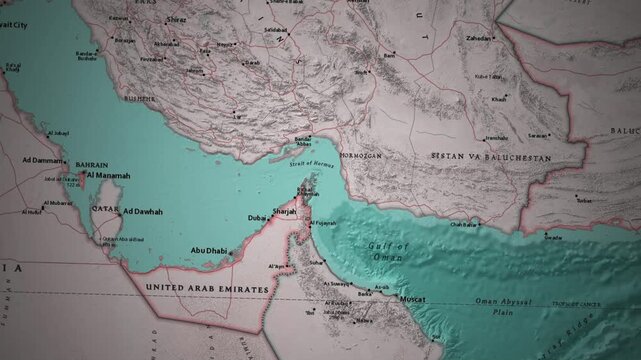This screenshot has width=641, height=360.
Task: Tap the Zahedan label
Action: (479, 38)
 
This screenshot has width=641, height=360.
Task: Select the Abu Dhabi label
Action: (211, 251)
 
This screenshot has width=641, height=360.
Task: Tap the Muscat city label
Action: (410, 298)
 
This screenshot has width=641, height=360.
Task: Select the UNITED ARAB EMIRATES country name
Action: (207, 288)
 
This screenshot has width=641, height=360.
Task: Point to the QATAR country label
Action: (104, 210)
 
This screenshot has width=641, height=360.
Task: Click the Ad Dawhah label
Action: (142, 212)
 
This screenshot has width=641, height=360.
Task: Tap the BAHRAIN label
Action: (92, 164)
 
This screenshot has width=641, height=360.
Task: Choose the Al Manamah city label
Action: (109, 175)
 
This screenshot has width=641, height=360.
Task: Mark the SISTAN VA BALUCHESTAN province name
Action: (490, 158)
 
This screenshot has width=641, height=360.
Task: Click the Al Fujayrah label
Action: (323, 223)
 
